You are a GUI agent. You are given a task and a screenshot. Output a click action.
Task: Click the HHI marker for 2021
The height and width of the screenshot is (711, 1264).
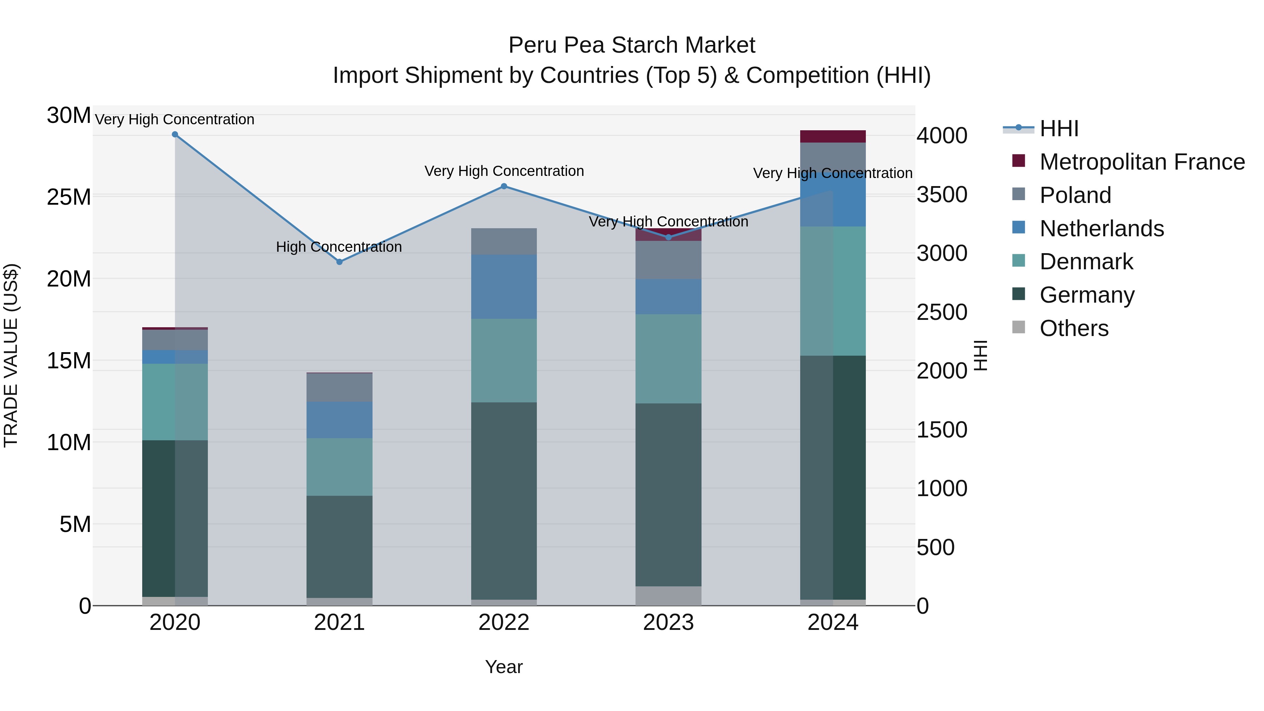pyautogui.click(x=339, y=262)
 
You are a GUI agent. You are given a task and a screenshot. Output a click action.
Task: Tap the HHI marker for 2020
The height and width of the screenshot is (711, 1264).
pyautogui.click(x=175, y=134)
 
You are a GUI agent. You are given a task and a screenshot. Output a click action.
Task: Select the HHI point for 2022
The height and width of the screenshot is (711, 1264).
pyautogui.click(x=504, y=186)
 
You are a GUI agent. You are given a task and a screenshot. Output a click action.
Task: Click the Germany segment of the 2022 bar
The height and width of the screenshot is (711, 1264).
pyautogui.click(x=504, y=500)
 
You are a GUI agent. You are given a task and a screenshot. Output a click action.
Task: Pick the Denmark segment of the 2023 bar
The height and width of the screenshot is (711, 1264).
pyautogui.click(x=668, y=359)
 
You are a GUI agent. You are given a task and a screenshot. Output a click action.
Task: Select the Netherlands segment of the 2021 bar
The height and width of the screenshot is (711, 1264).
pyautogui.click(x=339, y=420)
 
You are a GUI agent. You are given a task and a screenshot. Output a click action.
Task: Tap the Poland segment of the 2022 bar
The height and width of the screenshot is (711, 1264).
pyautogui.click(x=504, y=242)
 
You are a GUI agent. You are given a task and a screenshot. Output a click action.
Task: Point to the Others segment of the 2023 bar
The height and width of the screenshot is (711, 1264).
pyautogui.click(x=668, y=596)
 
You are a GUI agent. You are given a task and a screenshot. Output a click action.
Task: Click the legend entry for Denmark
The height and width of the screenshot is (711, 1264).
pyautogui.click(x=1086, y=262)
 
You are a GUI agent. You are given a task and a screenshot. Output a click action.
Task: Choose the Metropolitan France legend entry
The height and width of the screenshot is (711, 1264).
pyautogui.click(x=1141, y=162)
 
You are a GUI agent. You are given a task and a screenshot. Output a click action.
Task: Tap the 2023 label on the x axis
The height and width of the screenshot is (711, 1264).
pyautogui.click(x=668, y=623)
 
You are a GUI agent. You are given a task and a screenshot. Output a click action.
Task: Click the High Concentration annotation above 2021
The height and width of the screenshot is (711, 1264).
pyautogui.click(x=339, y=247)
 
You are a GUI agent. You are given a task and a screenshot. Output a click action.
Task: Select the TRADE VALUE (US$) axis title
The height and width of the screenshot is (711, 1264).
pyautogui.click(x=11, y=355)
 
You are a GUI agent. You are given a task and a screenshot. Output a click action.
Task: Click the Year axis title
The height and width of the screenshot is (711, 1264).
pyautogui.click(x=504, y=667)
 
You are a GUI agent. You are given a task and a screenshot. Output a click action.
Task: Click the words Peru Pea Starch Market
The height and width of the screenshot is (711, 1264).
pyautogui.click(x=632, y=45)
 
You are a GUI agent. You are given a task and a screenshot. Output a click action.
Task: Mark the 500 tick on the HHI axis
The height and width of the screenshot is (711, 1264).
pyautogui.click(x=935, y=547)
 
